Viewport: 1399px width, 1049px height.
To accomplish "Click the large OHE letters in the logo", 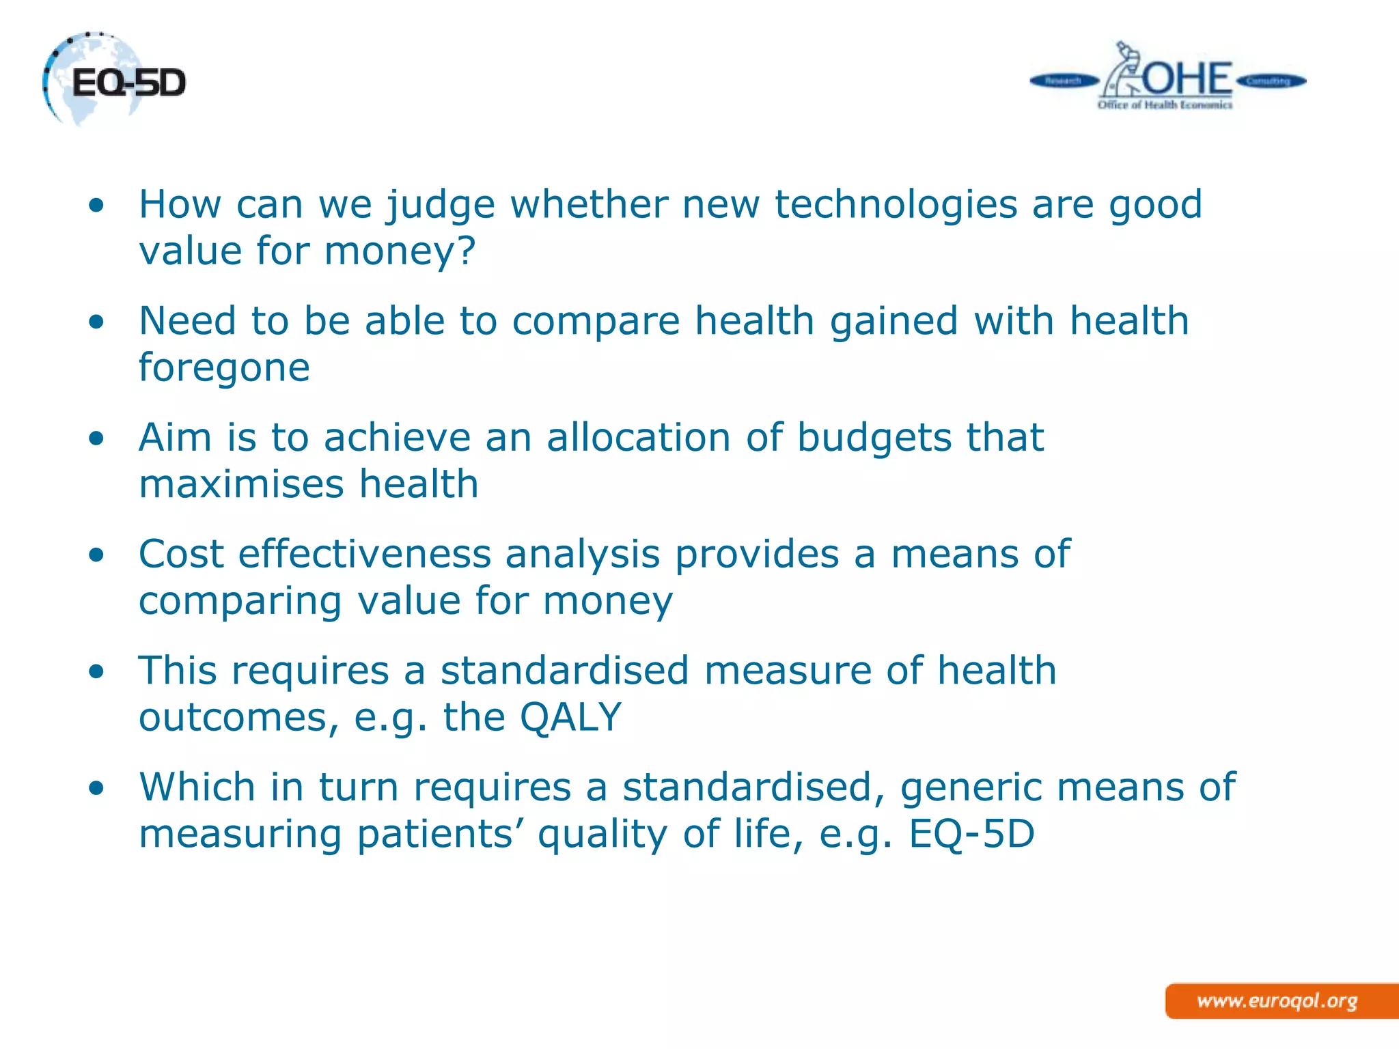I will [1187, 79].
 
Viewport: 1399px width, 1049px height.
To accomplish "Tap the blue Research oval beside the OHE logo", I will [1064, 81].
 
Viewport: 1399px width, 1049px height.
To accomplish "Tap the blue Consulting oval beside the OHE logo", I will [1270, 81].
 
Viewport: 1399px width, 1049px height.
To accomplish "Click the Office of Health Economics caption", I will [1165, 105].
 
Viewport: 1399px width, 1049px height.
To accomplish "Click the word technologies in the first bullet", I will [896, 204].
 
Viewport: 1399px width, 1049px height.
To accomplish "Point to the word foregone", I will [224, 368].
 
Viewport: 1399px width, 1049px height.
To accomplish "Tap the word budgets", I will [874, 438].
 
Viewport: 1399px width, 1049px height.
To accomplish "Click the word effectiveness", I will [364, 554].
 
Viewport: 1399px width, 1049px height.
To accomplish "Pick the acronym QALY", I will [570, 718].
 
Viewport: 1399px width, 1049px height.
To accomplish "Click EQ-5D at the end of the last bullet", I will [971, 835].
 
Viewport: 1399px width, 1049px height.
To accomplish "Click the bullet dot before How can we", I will [97, 205].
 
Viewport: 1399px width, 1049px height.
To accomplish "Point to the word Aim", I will [175, 438].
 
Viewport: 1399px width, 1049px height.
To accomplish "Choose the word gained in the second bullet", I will [894, 321].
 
